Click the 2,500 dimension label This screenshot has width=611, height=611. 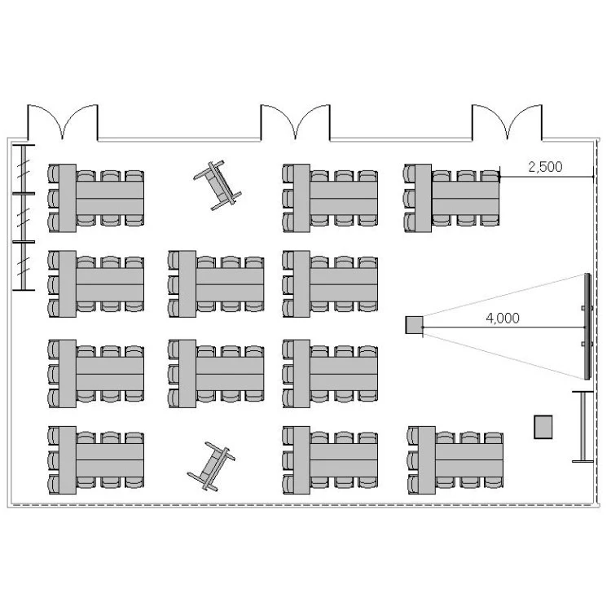pyautogui.click(x=545, y=167)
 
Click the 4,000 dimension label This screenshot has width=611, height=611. pyautogui.click(x=503, y=319)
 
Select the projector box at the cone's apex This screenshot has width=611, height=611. pyautogui.click(x=414, y=325)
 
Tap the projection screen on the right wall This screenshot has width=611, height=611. pyautogui.click(x=588, y=327)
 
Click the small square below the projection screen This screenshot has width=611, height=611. pyautogui.click(x=543, y=427)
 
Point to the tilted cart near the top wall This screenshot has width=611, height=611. pyautogui.click(x=218, y=186)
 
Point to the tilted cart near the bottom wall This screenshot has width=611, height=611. pyautogui.click(x=212, y=466)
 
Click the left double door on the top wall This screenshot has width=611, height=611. pyautogui.click(x=63, y=122)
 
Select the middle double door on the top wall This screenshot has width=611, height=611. pyautogui.click(x=296, y=122)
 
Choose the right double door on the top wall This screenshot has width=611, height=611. pyautogui.click(x=507, y=122)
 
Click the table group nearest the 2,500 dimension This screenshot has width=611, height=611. pyautogui.click(x=451, y=198)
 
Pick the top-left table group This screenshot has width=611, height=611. pyautogui.click(x=96, y=198)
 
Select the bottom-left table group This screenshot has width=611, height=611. pyautogui.click(x=96, y=460)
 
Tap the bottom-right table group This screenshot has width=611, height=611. pyautogui.click(x=455, y=460)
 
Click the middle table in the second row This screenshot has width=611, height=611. pyautogui.click(x=216, y=284)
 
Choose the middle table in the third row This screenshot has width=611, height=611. pyautogui.click(x=216, y=374)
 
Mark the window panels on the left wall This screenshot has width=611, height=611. pyautogui.click(x=24, y=218)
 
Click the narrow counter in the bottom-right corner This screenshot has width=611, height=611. pyautogui.click(x=583, y=427)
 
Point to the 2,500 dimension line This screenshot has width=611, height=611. pyautogui.click(x=547, y=177)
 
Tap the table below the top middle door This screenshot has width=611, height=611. pyautogui.click(x=330, y=198)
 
